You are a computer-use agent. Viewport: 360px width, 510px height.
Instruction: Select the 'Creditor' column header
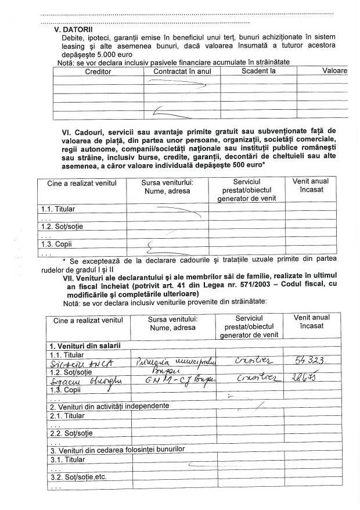[x=98, y=71]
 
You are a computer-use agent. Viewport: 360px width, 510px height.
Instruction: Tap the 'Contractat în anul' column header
[x=182, y=71]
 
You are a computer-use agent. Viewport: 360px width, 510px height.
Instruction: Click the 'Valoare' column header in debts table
[x=335, y=71]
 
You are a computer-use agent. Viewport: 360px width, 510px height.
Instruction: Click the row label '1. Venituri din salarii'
[x=85, y=346]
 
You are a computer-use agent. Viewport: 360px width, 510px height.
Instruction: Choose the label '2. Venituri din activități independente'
[x=109, y=405]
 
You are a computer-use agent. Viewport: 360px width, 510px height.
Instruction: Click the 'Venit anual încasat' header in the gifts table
[x=310, y=185]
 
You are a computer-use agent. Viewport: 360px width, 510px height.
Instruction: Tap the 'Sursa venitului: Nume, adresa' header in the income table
[x=172, y=323]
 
